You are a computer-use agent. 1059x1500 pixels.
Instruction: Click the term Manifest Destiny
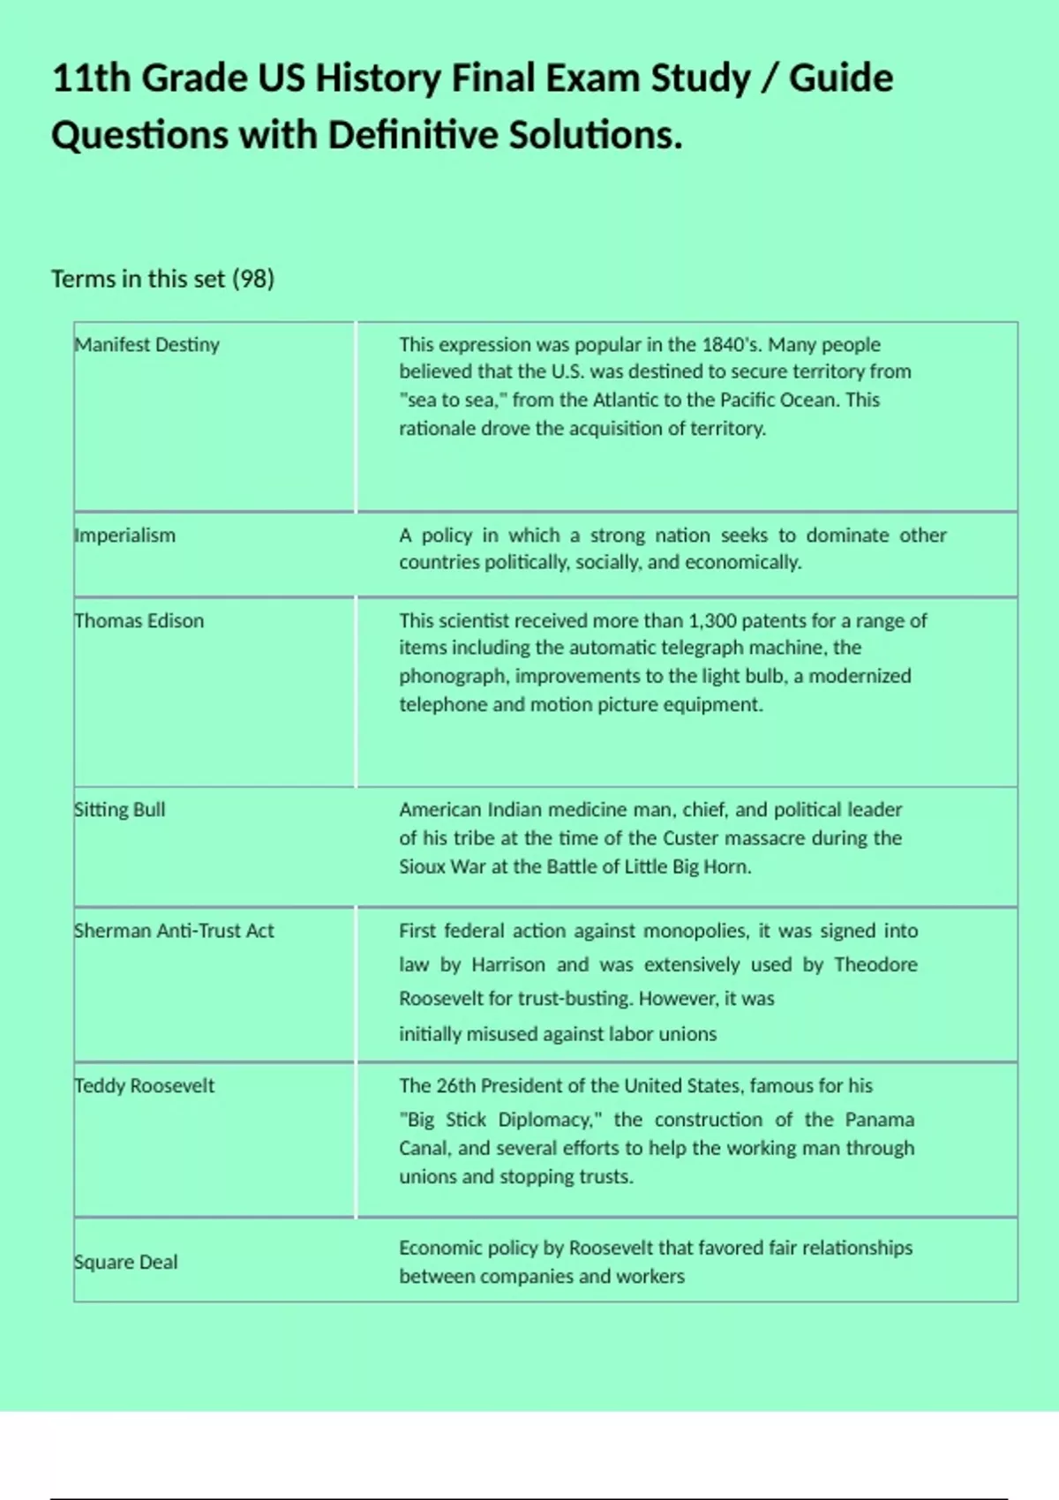click(146, 345)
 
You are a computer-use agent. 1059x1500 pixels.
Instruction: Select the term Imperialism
click(124, 536)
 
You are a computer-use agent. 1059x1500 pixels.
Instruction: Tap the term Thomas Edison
click(139, 621)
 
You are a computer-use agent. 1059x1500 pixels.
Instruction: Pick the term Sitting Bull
click(119, 810)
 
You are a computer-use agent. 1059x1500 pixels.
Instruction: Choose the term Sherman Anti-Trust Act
click(174, 931)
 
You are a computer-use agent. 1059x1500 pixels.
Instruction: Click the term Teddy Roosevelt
click(144, 1086)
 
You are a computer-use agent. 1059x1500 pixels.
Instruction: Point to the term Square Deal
click(125, 1263)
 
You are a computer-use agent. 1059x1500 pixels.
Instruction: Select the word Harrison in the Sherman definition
click(508, 965)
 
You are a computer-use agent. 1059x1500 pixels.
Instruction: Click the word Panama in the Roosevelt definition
click(880, 1120)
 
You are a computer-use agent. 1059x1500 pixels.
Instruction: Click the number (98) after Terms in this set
click(253, 279)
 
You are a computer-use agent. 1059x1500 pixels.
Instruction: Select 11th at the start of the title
click(91, 79)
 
